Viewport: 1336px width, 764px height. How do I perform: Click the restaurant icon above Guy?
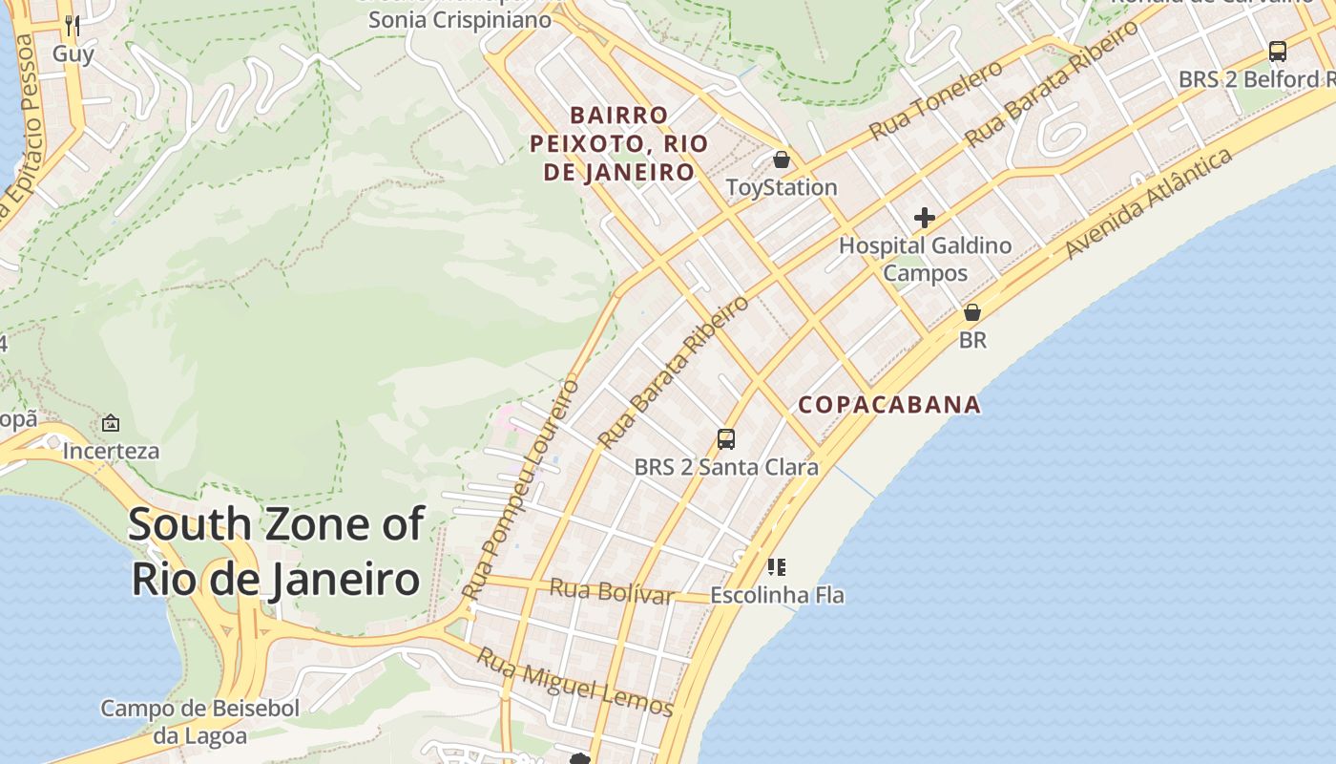73,25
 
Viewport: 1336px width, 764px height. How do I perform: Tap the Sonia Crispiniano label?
460,20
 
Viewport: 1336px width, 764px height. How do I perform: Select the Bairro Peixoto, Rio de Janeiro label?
619,144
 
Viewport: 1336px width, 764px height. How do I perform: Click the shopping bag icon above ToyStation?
782,159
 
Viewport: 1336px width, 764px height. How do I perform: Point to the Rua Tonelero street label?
935,99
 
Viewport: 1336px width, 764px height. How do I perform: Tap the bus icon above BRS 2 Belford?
1277,52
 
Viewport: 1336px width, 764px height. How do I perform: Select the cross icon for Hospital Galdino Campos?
924,218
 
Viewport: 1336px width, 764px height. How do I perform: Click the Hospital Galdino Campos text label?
925,259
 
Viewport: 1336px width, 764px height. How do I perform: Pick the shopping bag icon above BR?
972,312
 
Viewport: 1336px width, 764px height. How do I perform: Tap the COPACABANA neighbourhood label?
889,405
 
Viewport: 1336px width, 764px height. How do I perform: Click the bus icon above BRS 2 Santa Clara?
726,439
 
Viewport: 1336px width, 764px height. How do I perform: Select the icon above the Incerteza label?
111,423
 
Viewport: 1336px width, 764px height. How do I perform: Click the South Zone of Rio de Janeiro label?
276,552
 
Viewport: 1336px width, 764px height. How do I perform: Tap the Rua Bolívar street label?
612,592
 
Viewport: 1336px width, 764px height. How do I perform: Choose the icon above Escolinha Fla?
777,567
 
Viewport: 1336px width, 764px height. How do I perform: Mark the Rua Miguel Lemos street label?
575,682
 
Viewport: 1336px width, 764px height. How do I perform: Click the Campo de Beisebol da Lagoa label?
199,722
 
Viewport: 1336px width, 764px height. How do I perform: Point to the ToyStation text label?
782,187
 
